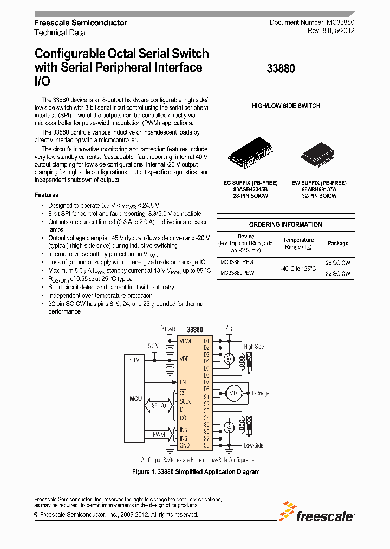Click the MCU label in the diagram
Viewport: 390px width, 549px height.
coord(135,399)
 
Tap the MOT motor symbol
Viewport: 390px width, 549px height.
coord(234,393)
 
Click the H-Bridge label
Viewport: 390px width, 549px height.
coord(261,393)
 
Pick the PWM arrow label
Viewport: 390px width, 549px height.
coord(159,434)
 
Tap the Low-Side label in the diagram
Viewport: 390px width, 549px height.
coord(253,445)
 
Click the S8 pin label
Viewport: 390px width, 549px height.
coord(206,445)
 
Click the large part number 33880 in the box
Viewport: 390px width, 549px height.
coord(281,69)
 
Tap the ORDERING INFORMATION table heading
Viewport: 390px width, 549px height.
coord(285,225)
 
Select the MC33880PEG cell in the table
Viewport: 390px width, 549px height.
coord(238,261)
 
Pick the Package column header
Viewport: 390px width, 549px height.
coord(337,244)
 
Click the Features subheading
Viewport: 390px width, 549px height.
coord(47,195)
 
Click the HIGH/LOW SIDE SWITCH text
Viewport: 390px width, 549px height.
coord(285,106)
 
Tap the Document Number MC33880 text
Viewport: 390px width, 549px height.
coord(312,23)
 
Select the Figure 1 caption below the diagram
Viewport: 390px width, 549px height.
coord(196,472)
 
